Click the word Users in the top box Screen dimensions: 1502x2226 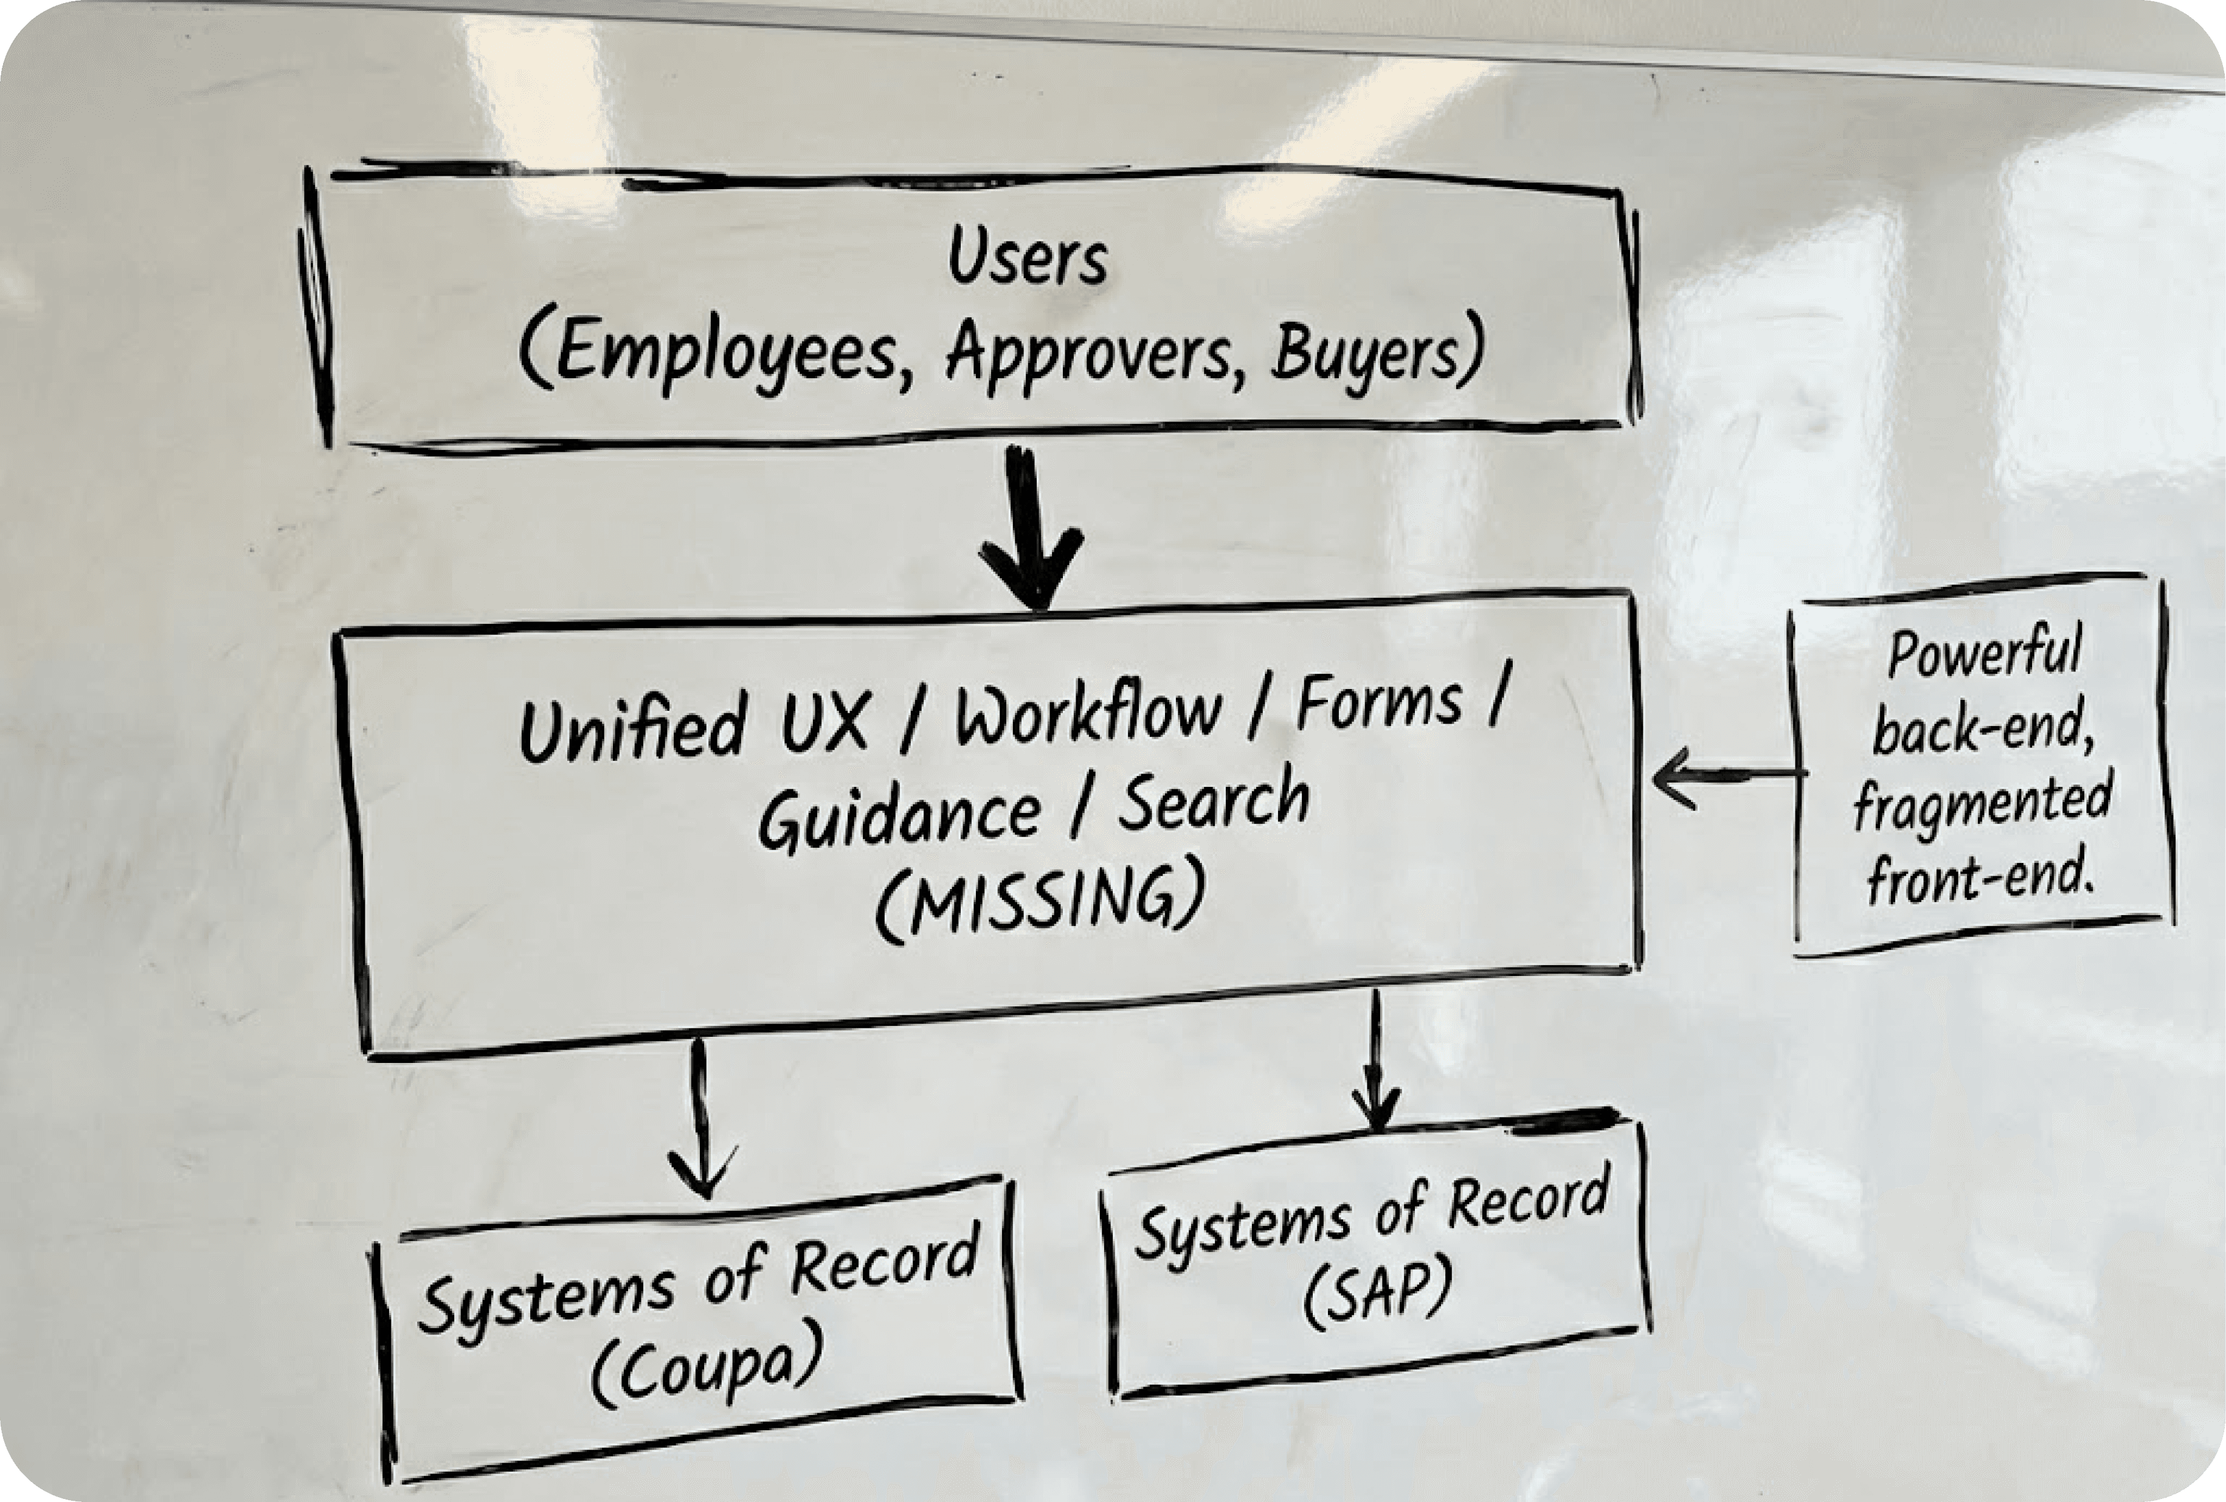[x=1028, y=260]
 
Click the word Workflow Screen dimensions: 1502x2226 [x=1087, y=714]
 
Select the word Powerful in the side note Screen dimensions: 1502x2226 [x=1983, y=654]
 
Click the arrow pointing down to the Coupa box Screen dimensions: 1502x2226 [x=702, y=1121]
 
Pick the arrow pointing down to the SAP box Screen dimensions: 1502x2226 [x=1377, y=1064]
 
